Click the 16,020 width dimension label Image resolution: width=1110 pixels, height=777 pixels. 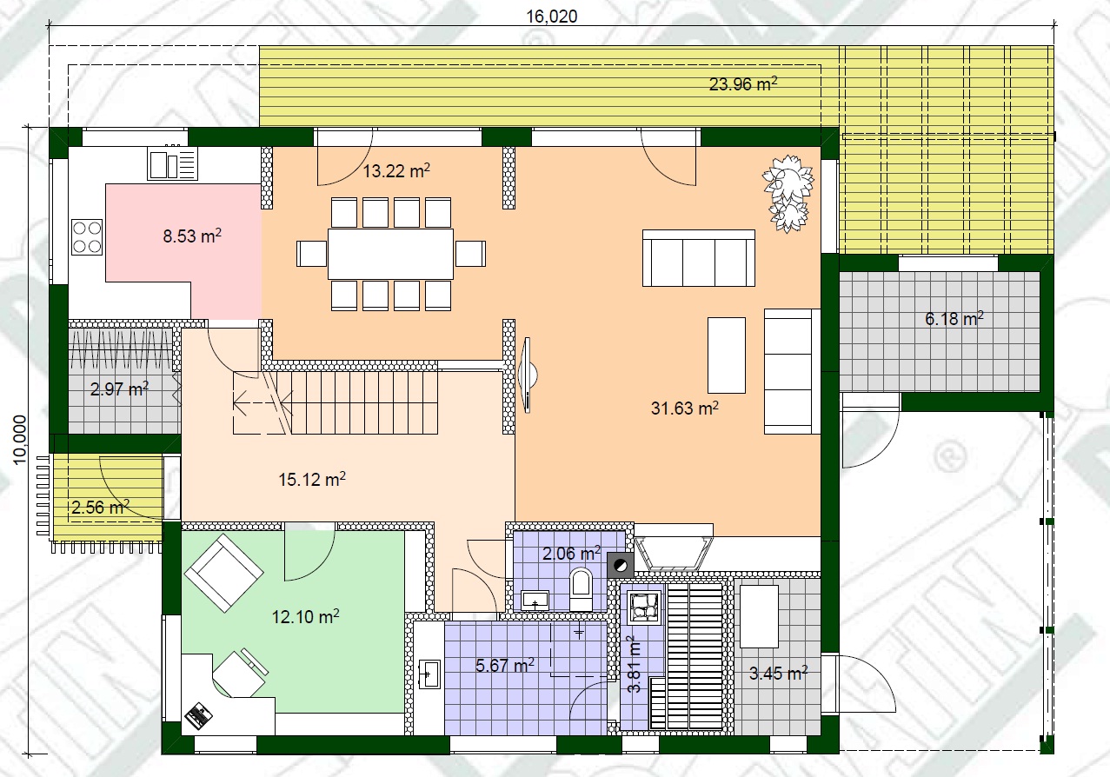click(552, 17)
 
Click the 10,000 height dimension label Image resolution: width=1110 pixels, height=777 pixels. click(20, 440)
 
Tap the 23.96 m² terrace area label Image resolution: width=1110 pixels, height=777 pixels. click(743, 83)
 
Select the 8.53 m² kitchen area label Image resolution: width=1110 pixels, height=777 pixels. click(192, 236)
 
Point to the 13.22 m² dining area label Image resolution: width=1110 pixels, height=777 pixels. click(396, 170)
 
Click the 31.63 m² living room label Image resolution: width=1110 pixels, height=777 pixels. click(685, 408)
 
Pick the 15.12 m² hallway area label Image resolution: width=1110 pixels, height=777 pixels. click(312, 479)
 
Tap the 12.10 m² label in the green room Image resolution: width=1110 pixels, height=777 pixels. click(305, 616)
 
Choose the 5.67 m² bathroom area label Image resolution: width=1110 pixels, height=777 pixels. click(505, 665)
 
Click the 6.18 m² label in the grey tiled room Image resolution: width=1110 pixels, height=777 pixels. click(954, 318)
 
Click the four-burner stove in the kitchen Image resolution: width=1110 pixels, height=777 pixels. click(87, 237)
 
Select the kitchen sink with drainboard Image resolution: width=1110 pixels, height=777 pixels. click(172, 163)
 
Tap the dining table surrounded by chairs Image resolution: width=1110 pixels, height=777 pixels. click(390, 253)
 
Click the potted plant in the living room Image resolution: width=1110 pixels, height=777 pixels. click(788, 193)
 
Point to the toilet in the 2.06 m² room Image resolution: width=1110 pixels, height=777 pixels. click(582, 588)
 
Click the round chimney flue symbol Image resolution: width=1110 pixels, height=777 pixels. click(621, 566)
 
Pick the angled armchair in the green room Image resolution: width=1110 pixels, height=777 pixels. click(223, 574)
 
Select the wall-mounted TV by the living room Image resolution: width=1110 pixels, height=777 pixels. click(528, 375)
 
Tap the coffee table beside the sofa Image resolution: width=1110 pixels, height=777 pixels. click(727, 355)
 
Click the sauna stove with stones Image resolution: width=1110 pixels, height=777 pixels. click(645, 607)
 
